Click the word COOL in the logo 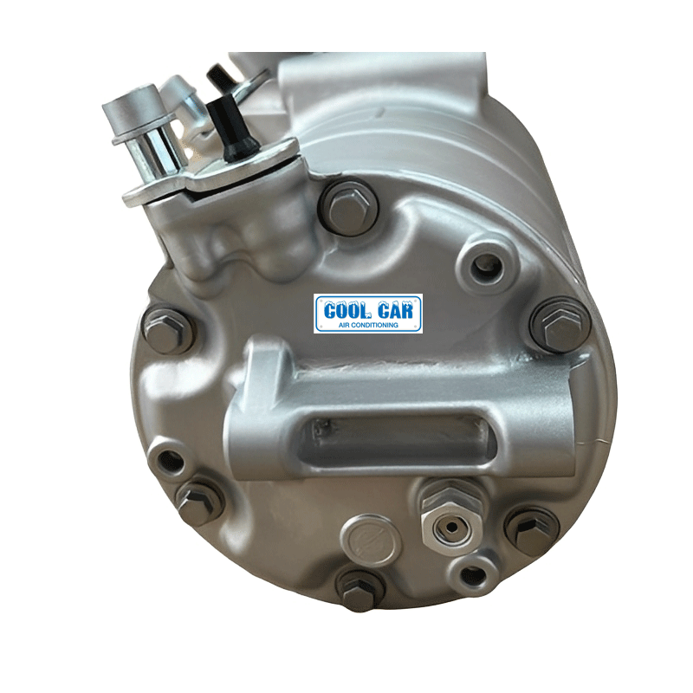[x=345, y=310]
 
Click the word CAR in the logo [x=396, y=310]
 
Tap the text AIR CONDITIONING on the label [x=367, y=325]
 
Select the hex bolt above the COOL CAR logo [x=349, y=208]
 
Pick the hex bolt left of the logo [x=165, y=330]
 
